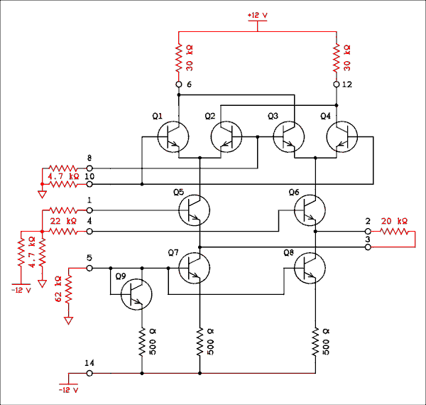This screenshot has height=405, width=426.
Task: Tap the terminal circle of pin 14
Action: [x=89, y=372]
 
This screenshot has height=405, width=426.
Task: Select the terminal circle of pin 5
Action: [x=89, y=269]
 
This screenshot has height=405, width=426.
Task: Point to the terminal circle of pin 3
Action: [x=368, y=247]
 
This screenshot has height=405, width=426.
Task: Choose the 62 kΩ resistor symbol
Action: [x=69, y=291]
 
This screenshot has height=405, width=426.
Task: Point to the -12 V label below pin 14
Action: [x=68, y=390]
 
